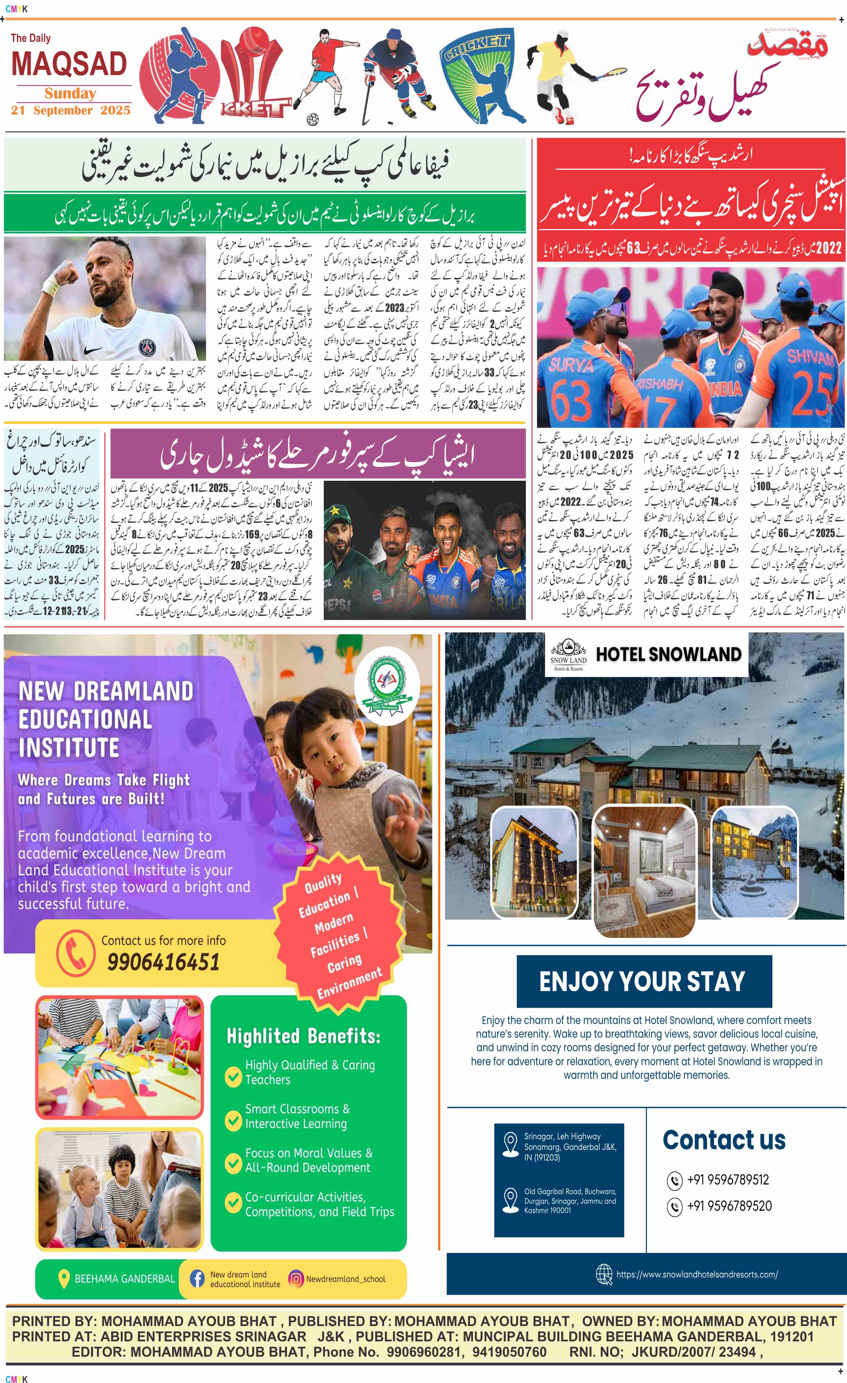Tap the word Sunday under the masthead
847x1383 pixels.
tap(70, 93)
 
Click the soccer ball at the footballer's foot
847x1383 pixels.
tap(313, 118)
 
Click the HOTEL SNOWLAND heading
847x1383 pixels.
tap(668, 654)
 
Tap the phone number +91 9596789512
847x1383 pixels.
tap(728, 1180)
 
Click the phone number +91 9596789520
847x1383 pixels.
tap(729, 1206)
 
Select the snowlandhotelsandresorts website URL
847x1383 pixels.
tap(697, 1274)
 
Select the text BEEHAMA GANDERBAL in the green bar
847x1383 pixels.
tap(124, 1279)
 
